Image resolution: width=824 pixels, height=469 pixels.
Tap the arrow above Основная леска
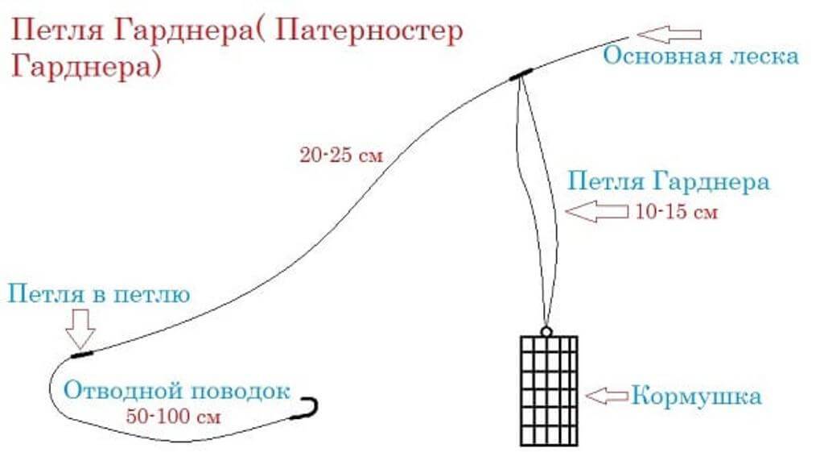pyautogui.click(x=669, y=35)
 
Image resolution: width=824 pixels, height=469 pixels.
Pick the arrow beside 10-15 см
pyautogui.click(x=598, y=212)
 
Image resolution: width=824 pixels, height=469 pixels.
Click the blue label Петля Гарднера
pyautogui.click(x=668, y=181)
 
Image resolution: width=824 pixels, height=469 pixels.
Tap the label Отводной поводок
pyautogui.click(x=176, y=392)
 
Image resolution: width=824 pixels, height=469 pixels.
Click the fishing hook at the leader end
pyautogui.click(x=309, y=407)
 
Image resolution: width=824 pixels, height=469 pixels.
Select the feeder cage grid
pyautogui.click(x=546, y=389)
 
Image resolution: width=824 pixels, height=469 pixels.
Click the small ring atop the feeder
pyautogui.click(x=546, y=331)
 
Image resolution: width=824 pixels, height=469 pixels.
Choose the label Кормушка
pyautogui.click(x=696, y=396)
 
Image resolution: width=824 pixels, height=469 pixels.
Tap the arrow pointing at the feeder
pyautogui.click(x=608, y=396)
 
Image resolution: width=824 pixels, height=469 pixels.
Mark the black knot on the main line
pyautogui.click(x=521, y=75)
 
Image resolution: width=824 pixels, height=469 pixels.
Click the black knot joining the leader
pyautogui.click(x=81, y=353)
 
